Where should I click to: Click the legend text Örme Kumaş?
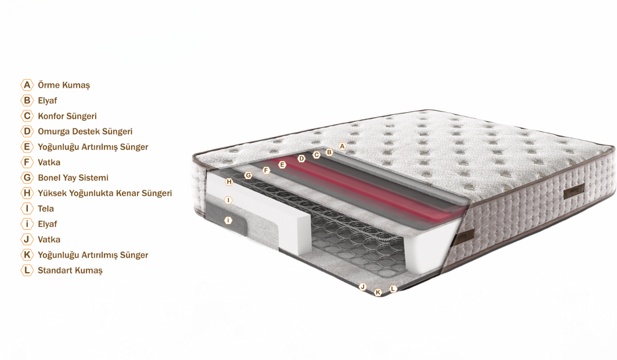point(64,85)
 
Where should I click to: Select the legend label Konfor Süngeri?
point(67,116)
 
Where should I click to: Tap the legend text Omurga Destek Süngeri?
point(85,131)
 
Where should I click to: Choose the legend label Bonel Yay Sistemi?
point(73,177)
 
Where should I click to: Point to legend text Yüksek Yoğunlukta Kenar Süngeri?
point(105,193)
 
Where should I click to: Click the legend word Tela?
point(46,208)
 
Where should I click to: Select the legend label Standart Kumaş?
point(70,270)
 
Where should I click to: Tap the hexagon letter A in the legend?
point(27,85)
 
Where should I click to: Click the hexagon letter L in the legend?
point(27,270)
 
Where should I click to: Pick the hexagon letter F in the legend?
point(27,162)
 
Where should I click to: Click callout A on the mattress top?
point(342,146)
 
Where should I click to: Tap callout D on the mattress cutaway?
point(301,158)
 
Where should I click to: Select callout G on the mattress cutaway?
point(248,175)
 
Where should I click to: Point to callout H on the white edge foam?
point(229,182)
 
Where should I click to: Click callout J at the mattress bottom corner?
point(362,287)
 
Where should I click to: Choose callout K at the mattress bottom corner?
point(378,292)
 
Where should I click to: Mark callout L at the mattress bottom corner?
point(393,289)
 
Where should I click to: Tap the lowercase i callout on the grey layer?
point(228,220)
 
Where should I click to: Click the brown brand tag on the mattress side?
point(574,191)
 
